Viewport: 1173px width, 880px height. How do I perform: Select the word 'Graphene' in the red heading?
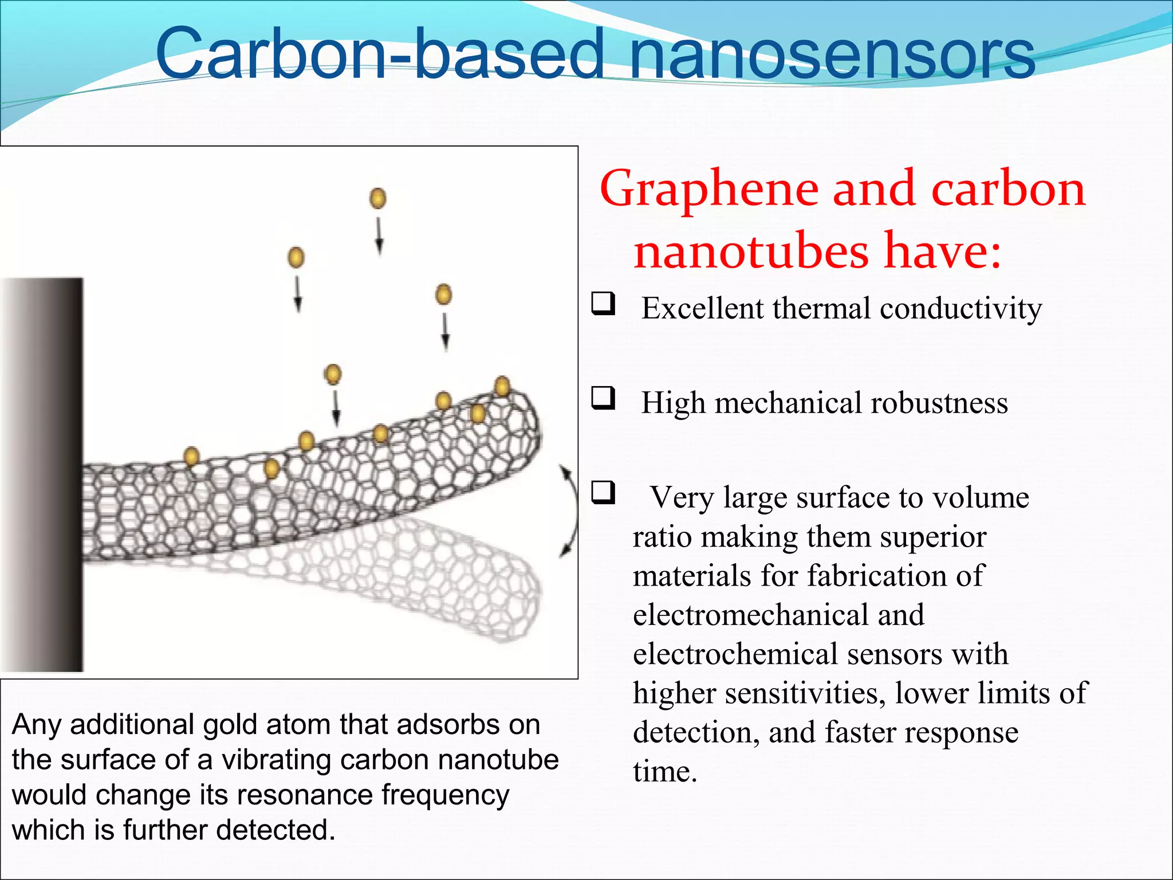(709, 190)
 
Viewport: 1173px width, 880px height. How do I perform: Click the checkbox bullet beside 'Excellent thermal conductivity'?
(603, 303)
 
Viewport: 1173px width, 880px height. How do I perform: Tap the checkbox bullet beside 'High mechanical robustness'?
(603, 398)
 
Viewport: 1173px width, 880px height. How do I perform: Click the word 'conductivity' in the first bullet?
(961, 309)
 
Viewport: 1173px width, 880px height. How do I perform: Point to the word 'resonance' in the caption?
(305, 795)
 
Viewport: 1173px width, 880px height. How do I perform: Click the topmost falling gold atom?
(378, 199)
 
